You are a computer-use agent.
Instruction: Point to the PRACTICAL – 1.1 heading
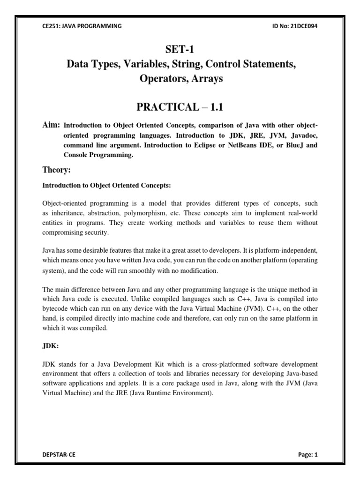pyautogui.click(x=180, y=107)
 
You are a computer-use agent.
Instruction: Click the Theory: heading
pyautogui.click(x=57, y=171)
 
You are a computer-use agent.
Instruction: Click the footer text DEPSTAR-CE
pyautogui.click(x=59, y=454)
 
